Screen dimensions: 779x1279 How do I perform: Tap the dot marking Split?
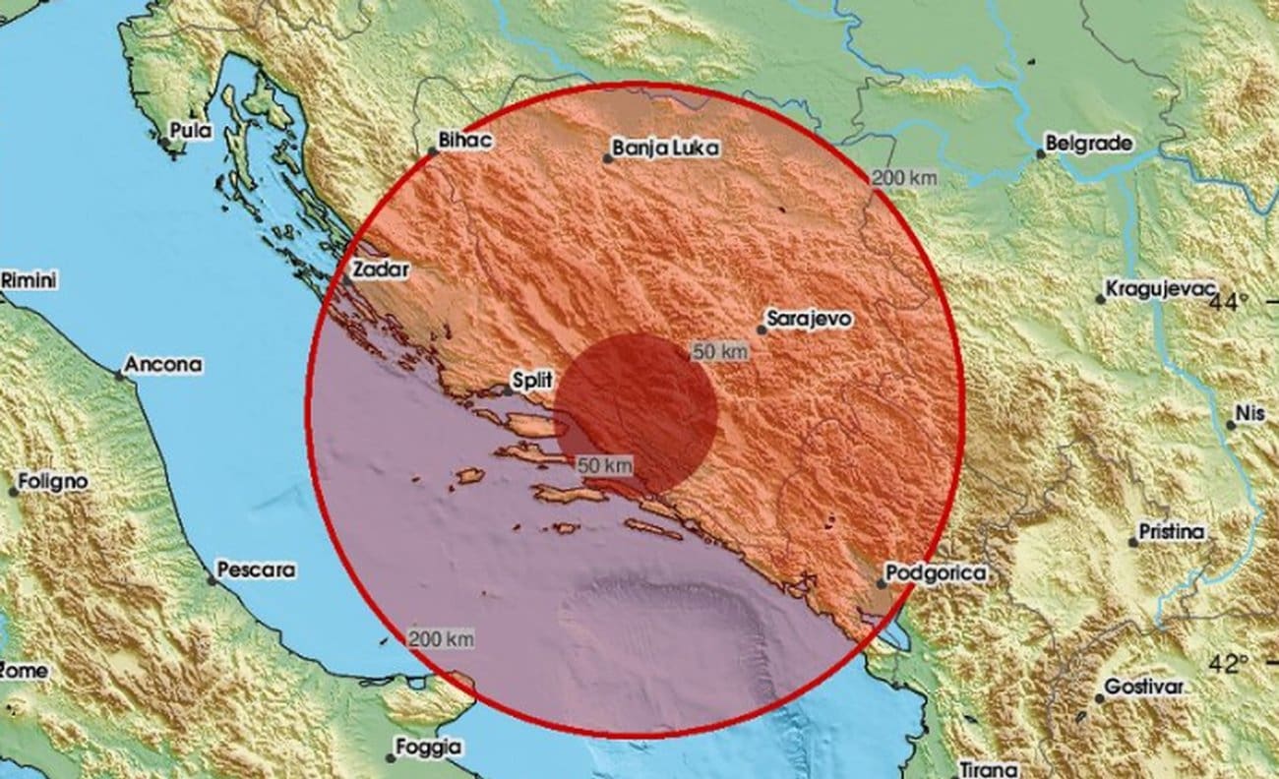[x=507, y=390]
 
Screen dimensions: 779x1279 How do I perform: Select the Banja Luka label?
[x=665, y=149]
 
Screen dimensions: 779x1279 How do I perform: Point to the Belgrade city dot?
[x=1040, y=154]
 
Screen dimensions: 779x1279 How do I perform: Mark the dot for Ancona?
[x=119, y=375]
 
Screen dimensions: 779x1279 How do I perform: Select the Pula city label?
[x=191, y=129]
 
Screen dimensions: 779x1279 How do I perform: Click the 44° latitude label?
[x=1229, y=301]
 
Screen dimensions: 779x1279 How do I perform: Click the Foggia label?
[x=428, y=747]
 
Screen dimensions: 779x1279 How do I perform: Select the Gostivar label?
[x=1143, y=687]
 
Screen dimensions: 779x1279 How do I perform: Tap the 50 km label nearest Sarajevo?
[x=717, y=351]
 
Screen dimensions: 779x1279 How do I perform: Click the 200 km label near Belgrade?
[x=904, y=178]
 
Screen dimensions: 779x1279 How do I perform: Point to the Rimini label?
[x=30, y=280]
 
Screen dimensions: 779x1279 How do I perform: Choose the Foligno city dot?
[x=14, y=491]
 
